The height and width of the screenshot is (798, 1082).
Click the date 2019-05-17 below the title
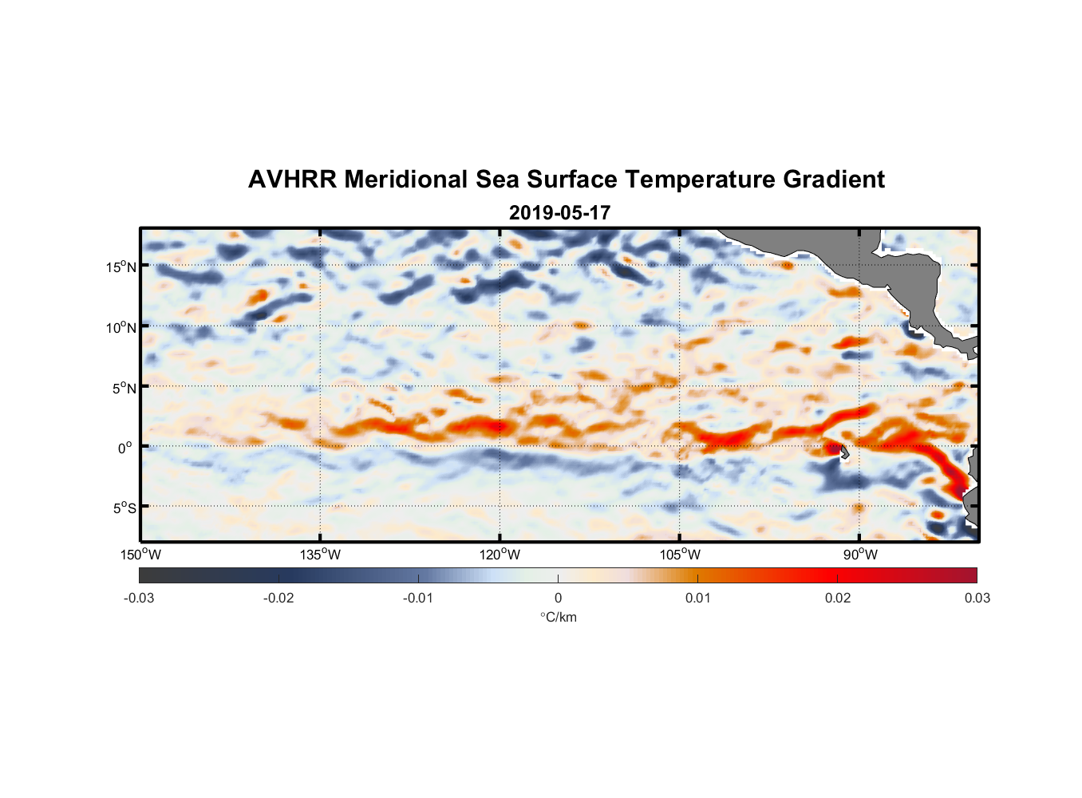pos(559,213)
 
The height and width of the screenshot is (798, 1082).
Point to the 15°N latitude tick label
pos(120,267)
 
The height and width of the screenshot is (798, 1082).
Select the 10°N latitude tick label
pos(120,327)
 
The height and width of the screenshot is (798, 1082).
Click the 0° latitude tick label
pos(125,448)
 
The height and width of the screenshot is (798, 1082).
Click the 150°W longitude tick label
pos(140,555)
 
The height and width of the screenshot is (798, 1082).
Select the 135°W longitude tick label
pos(320,555)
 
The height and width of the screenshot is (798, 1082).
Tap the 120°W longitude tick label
pos(500,555)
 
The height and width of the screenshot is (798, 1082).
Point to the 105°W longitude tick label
pos(680,555)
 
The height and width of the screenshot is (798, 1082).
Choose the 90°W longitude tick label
pos(860,555)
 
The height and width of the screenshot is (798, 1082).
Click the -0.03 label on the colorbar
pos(139,598)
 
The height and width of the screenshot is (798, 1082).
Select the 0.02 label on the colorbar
pos(838,598)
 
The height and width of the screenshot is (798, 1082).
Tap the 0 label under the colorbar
pos(558,598)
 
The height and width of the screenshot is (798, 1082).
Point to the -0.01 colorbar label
pos(418,598)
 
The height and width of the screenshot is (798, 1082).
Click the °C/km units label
pos(558,617)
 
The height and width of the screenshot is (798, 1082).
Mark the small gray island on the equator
pos(843,452)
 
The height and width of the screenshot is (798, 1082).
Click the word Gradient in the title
pos(834,180)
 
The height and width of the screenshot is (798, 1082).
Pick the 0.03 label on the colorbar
pos(977,598)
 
